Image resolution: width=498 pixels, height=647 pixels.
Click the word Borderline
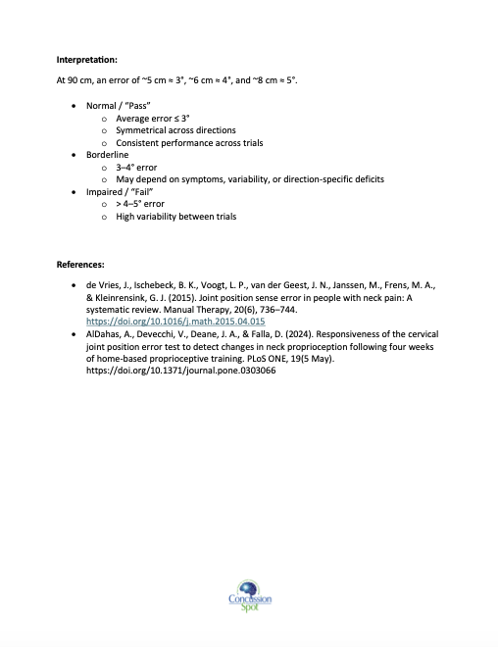109,155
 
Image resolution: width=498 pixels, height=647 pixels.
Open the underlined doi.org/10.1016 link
176,322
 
